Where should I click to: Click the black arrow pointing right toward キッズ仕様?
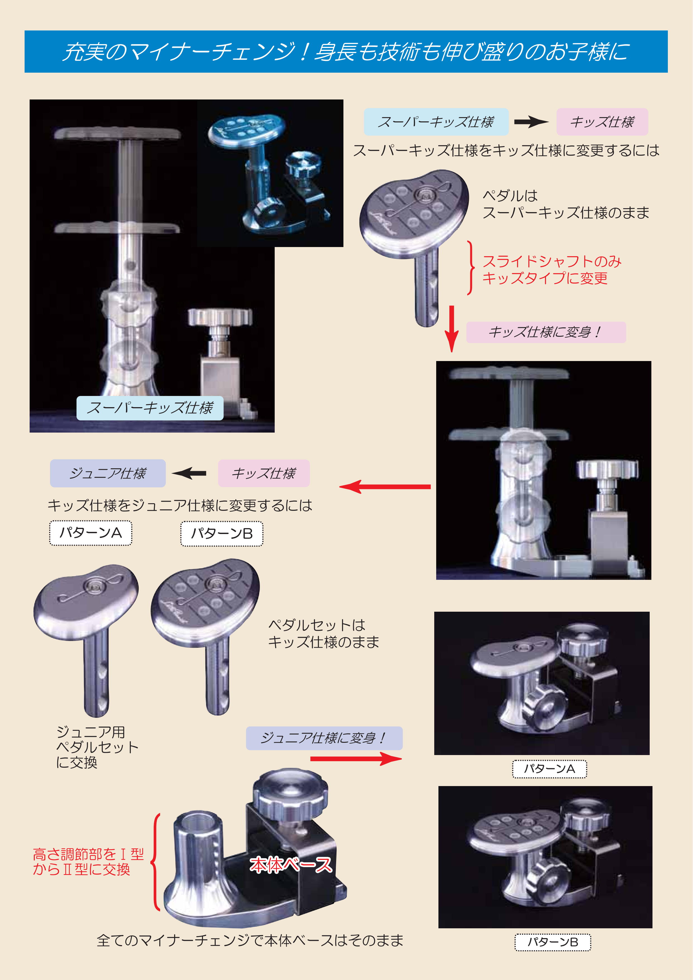tap(531, 122)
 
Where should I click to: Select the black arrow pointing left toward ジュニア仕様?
tap(189, 473)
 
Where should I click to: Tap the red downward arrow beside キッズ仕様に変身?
tap(452, 328)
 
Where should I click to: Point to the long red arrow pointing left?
tap(385, 486)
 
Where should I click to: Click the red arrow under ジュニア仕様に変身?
tap(356, 758)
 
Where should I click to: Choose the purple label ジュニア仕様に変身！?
tap(324, 738)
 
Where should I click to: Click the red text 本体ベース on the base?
tap(291, 865)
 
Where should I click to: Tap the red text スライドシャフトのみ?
tap(552, 261)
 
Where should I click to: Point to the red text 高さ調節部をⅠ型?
tap(88, 854)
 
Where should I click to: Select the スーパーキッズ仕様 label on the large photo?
tap(150, 408)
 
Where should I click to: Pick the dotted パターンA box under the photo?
tap(550, 769)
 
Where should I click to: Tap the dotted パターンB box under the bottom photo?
tap(553, 942)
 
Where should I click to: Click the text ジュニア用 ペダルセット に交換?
tap(97, 747)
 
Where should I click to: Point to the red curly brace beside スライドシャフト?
tap(471, 268)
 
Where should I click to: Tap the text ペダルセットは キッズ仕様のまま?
tap(324, 633)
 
